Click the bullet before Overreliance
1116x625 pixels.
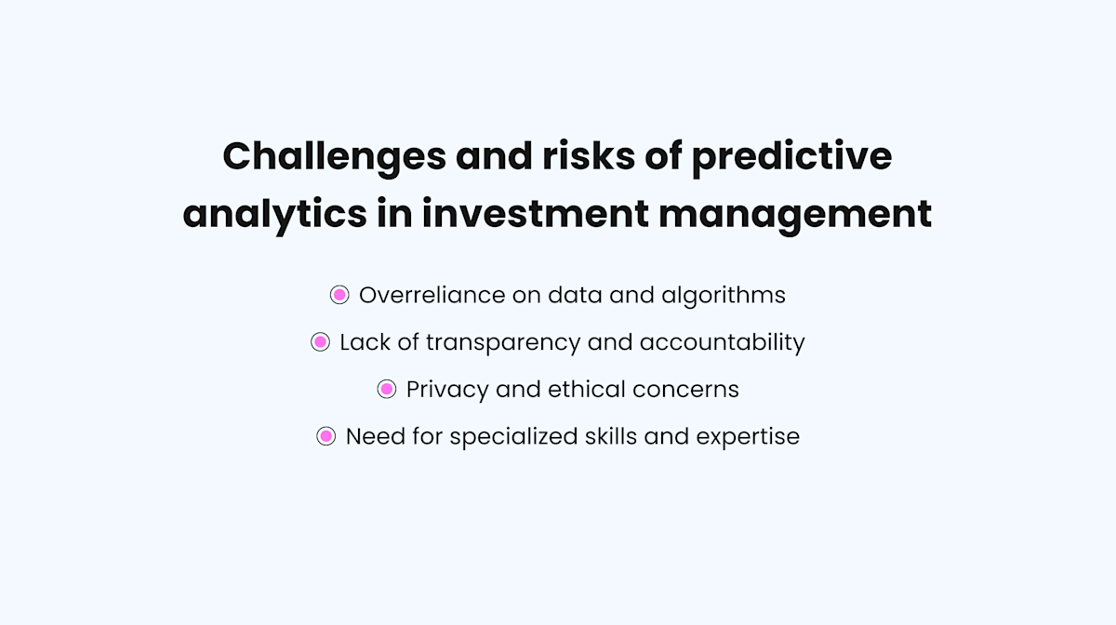339,295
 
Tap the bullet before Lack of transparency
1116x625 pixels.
320,342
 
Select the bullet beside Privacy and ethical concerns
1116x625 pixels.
387,390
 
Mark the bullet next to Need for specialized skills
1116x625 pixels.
325,436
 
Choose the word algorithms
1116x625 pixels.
724,296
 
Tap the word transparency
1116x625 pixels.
503,343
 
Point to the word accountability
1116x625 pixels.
722,343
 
